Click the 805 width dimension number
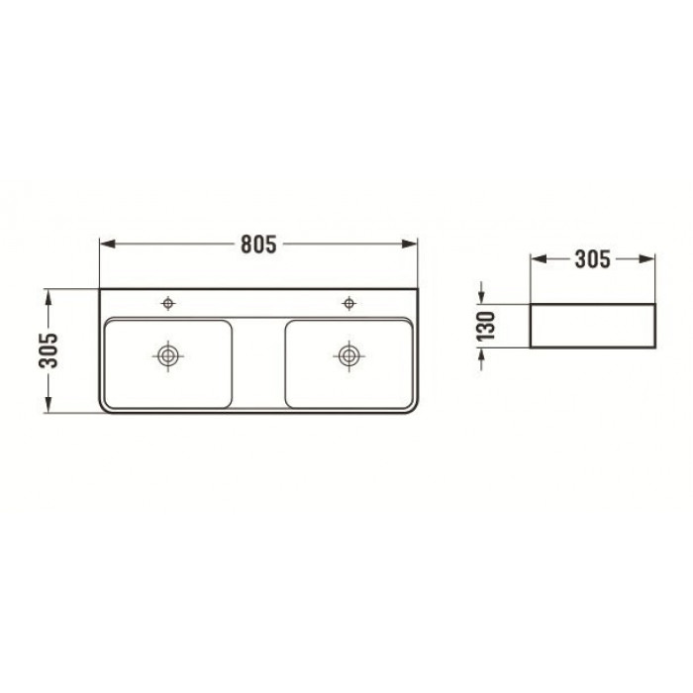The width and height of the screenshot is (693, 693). (258, 244)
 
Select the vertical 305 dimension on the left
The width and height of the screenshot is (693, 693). (49, 350)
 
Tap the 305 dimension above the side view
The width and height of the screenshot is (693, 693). (592, 259)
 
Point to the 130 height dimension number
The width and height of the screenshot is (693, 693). (487, 326)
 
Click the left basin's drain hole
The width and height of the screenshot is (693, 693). (168, 355)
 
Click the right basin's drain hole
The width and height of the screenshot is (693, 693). (348, 355)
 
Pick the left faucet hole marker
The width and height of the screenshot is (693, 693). (168, 303)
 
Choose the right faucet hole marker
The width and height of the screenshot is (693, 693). (349, 303)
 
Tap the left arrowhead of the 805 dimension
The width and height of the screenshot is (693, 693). (108, 244)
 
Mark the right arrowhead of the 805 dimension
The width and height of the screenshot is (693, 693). (409, 244)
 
